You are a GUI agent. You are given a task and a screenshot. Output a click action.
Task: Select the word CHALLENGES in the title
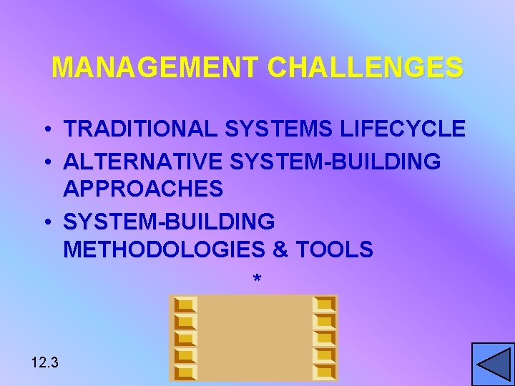(x=366, y=68)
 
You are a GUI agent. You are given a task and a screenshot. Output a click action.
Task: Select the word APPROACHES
(x=143, y=189)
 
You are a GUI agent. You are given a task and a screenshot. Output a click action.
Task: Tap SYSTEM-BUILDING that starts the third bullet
(x=169, y=222)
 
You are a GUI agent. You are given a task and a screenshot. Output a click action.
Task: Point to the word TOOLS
(x=335, y=249)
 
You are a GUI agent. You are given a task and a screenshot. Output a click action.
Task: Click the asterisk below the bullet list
(x=257, y=279)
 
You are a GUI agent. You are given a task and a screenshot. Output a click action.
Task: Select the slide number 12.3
(x=45, y=362)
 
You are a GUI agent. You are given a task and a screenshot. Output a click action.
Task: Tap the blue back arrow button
(x=493, y=364)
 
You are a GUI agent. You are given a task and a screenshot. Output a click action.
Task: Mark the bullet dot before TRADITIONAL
(x=45, y=130)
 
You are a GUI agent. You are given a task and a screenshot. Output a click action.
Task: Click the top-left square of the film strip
(x=185, y=304)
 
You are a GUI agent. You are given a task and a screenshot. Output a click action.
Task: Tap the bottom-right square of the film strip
(x=325, y=372)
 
